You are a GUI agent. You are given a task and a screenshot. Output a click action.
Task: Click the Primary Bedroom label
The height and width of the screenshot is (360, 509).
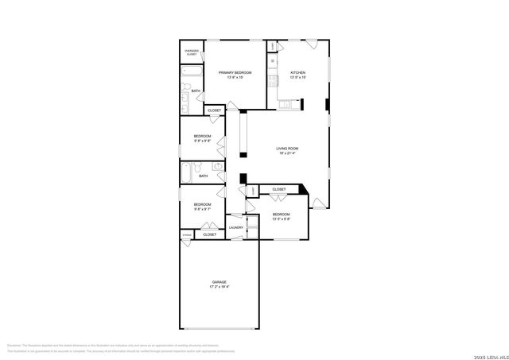pos(235,72)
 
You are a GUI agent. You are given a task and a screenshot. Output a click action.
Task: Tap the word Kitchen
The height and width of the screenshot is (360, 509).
pos(297,72)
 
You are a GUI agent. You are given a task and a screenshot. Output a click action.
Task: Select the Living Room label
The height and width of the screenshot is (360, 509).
pos(286,149)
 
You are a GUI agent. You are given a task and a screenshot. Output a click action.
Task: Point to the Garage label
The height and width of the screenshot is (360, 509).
pos(219,282)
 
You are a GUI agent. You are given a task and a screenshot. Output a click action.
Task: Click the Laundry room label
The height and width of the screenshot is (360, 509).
pos(235,228)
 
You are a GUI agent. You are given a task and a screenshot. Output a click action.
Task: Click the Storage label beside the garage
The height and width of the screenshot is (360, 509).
pos(187,235)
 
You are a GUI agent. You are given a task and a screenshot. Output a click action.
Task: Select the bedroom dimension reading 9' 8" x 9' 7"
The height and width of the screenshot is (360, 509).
pos(202,210)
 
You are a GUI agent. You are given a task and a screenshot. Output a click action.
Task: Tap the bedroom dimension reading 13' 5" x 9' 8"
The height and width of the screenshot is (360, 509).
pos(282,219)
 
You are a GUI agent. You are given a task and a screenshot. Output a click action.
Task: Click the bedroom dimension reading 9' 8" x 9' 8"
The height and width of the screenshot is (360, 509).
pos(202,141)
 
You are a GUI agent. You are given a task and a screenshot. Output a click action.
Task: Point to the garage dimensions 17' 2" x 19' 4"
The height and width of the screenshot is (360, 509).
pos(219,288)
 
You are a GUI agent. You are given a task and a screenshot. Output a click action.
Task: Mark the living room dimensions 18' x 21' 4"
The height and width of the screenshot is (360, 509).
pos(286,154)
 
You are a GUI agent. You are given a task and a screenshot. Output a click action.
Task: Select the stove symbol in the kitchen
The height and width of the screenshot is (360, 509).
pos(273,59)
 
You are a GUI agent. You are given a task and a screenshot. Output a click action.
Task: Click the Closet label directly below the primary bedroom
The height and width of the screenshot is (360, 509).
pos(214,110)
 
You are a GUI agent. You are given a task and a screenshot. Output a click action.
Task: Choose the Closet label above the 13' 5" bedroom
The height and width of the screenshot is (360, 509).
pos(278,189)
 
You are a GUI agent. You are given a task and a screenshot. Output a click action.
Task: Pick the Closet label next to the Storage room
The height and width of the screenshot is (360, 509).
pos(208,235)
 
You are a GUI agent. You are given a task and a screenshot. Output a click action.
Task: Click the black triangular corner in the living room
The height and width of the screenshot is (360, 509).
pos(304,188)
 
